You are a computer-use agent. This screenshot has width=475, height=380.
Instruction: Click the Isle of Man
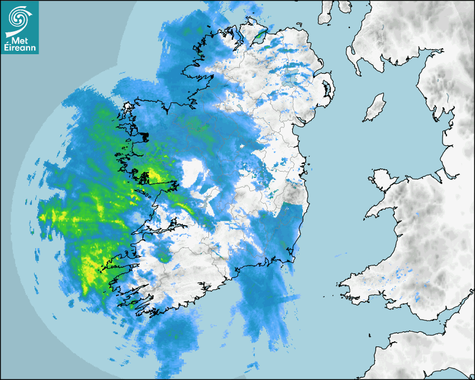pos(375,108)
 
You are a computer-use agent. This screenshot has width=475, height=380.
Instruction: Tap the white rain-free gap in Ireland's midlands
pos(193,170)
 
